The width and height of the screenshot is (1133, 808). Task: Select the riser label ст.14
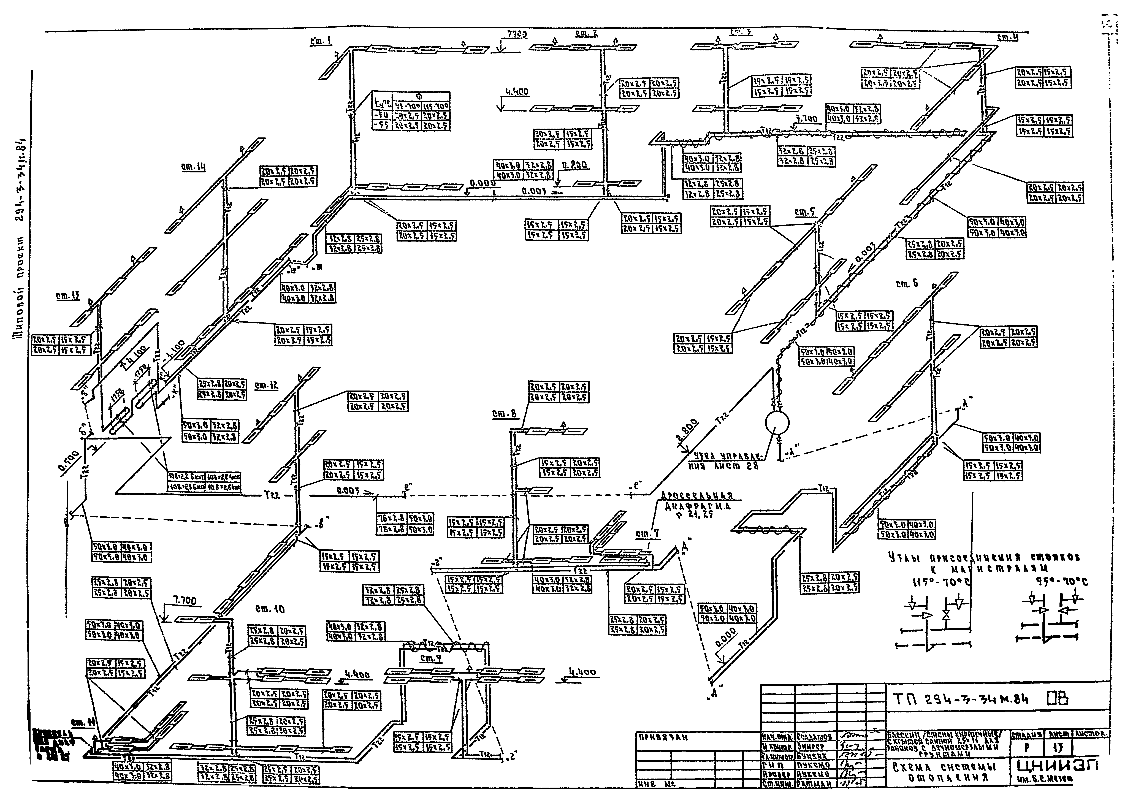[194, 168]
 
